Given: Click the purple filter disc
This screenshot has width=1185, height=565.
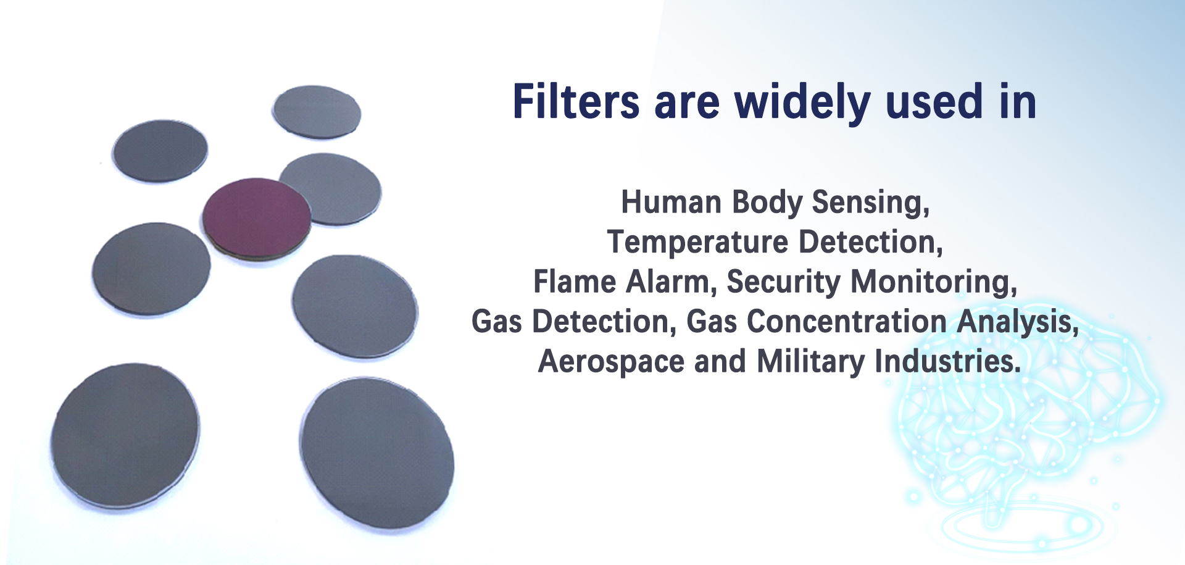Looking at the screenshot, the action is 256,217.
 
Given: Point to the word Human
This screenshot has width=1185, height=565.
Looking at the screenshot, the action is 671,202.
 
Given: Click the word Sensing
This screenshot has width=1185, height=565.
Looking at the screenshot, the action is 870,203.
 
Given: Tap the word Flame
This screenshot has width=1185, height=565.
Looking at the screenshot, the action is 575,282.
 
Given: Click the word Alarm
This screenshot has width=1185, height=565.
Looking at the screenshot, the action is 671,282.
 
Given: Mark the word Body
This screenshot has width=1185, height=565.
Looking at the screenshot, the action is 767,203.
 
